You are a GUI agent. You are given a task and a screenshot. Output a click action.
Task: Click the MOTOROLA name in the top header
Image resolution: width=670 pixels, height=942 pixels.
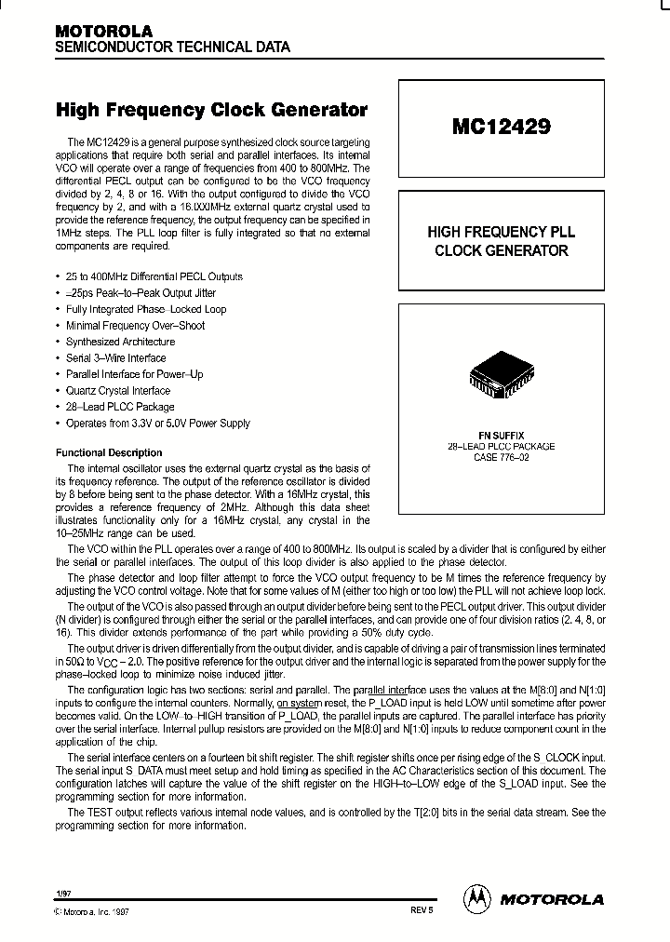click(x=103, y=31)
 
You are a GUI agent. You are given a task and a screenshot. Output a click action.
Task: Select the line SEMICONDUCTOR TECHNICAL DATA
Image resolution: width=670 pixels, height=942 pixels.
click(x=172, y=47)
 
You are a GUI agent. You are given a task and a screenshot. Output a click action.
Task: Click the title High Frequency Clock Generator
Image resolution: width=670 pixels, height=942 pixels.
click(x=211, y=110)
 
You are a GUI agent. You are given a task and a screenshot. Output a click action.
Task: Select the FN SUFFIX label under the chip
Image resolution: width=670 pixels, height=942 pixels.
click(x=501, y=436)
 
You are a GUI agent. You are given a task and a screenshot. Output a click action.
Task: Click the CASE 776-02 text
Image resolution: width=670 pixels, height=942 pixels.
click(x=501, y=457)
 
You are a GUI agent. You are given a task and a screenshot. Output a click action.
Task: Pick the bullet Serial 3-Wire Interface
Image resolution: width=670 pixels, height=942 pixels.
click(x=115, y=358)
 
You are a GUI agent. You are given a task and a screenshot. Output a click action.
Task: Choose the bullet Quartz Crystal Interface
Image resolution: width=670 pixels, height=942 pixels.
click(x=118, y=391)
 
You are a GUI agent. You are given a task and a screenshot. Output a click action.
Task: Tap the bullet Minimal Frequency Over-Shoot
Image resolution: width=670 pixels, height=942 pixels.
click(x=135, y=326)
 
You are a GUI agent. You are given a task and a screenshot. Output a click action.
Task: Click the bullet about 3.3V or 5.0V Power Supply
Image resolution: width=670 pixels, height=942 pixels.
click(x=157, y=424)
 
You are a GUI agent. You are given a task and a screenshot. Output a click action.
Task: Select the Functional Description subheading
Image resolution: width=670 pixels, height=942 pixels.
click(x=109, y=452)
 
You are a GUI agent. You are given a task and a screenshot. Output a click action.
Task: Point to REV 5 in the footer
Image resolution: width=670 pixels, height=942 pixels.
click(x=422, y=911)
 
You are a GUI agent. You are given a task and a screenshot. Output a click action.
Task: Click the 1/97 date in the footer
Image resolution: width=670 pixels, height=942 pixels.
click(x=62, y=892)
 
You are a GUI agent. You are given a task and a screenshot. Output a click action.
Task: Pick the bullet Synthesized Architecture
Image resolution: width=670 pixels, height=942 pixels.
click(x=120, y=342)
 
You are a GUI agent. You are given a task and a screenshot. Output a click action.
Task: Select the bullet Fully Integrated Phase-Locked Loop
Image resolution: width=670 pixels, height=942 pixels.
click(x=146, y=309)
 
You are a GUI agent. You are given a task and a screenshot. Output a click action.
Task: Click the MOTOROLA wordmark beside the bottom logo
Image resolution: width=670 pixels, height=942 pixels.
click(x=552, y=899)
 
